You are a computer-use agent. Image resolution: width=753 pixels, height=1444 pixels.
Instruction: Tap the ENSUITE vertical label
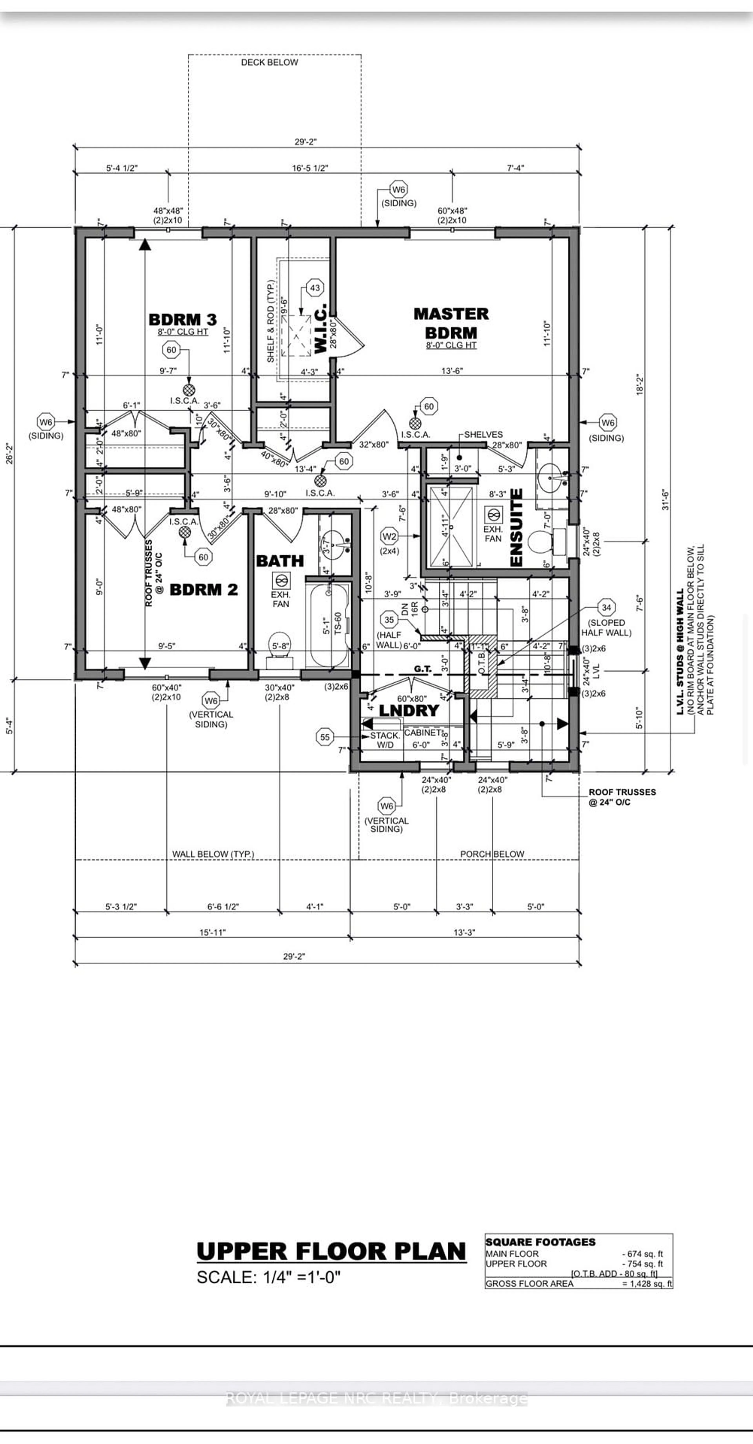pyautogui.click(x=516, y=527)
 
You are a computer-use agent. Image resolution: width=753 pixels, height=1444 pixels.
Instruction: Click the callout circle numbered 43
pyautogui.click(x=315, y=288)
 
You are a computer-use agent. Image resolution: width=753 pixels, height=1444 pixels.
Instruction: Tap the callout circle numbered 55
pyautogui.click(x=325, y=737)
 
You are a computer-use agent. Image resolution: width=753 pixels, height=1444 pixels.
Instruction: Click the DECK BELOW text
pyautogui.click(x=269, y=62)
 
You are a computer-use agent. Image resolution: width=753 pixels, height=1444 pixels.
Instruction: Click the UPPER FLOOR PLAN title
pyautogui.click(x=331, y=1251)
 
